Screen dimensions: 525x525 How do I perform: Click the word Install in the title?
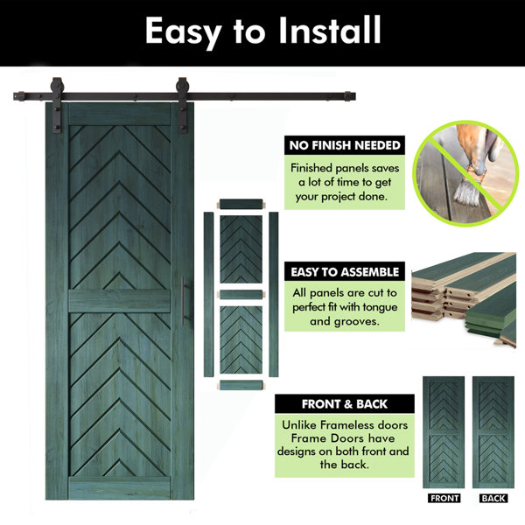pos(330,30)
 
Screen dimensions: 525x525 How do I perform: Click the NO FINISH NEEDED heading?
pos(345,145)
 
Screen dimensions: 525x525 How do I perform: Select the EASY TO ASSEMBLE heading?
pos(345,271)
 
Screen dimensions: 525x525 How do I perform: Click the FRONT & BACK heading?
pos(345,403)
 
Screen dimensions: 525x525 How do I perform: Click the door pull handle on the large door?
pos(183,301)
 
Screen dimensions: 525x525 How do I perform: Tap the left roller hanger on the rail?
pos(57,105)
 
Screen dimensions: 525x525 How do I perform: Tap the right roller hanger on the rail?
pos(183,105)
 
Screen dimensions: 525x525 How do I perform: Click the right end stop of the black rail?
pos(349,96)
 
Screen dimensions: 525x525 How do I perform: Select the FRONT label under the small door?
pos(444,498)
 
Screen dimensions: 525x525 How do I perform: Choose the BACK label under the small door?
pos(493,498)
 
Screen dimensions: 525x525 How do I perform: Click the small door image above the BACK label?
pos(493,432)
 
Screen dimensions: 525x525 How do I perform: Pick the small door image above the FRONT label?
pos(444,432)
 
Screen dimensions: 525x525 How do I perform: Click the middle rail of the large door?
pos(120,301)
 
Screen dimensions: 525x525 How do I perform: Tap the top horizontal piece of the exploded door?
pos(241,204)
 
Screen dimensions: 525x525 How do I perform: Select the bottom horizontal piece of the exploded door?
pos(241,385)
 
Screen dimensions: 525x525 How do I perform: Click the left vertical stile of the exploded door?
pos(208,294)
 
